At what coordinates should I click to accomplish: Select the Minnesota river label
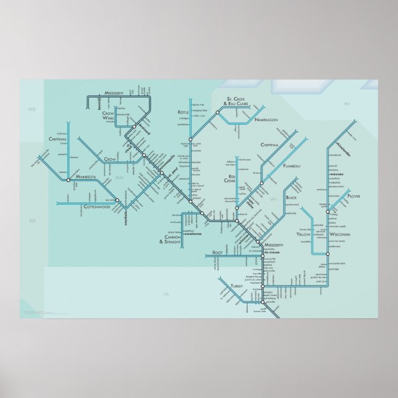[x=86, y=177]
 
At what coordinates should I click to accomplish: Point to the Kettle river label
[x=184, y=112]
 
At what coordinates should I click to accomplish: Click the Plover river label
[x=354, y=196]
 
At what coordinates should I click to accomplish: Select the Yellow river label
[x=303, y=235]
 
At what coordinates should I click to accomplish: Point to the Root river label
[x=217, y=253]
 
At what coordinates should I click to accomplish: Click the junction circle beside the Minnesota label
[x=68, y=180]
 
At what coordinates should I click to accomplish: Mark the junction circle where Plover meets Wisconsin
[x=328, y=211]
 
